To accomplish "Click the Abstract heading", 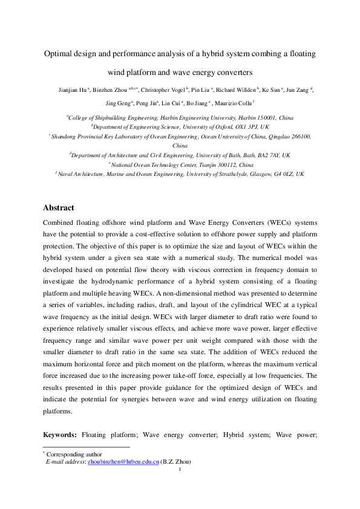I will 59,207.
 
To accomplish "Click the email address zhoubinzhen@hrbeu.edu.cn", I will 123,461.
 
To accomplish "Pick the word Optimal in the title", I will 58,54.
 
